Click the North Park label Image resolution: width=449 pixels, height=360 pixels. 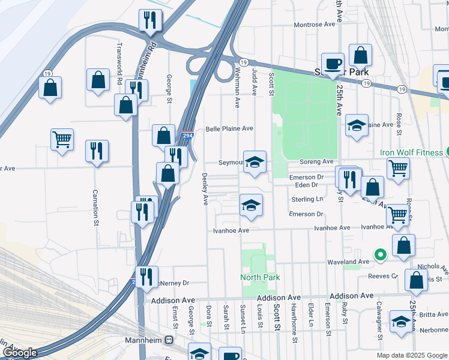coord(260,277)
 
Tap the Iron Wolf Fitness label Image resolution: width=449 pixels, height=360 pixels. coord(411,152)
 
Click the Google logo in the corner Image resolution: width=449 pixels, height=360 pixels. coord(20,353)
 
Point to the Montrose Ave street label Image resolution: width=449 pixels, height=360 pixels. coord(314,25)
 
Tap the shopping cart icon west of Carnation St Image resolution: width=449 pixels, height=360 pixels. coord(62,140)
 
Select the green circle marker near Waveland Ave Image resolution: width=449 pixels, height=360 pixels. coord(379,255)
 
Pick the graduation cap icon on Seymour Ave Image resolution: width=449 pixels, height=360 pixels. coord(255,161)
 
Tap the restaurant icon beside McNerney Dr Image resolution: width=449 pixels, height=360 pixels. coord(146,277)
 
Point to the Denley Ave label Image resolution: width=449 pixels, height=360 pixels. coord(205,189)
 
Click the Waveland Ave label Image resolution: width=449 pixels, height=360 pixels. coord(348,262)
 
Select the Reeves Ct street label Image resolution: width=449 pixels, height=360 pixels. coord(387,277)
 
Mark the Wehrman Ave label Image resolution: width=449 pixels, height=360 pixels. coord(237,88)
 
